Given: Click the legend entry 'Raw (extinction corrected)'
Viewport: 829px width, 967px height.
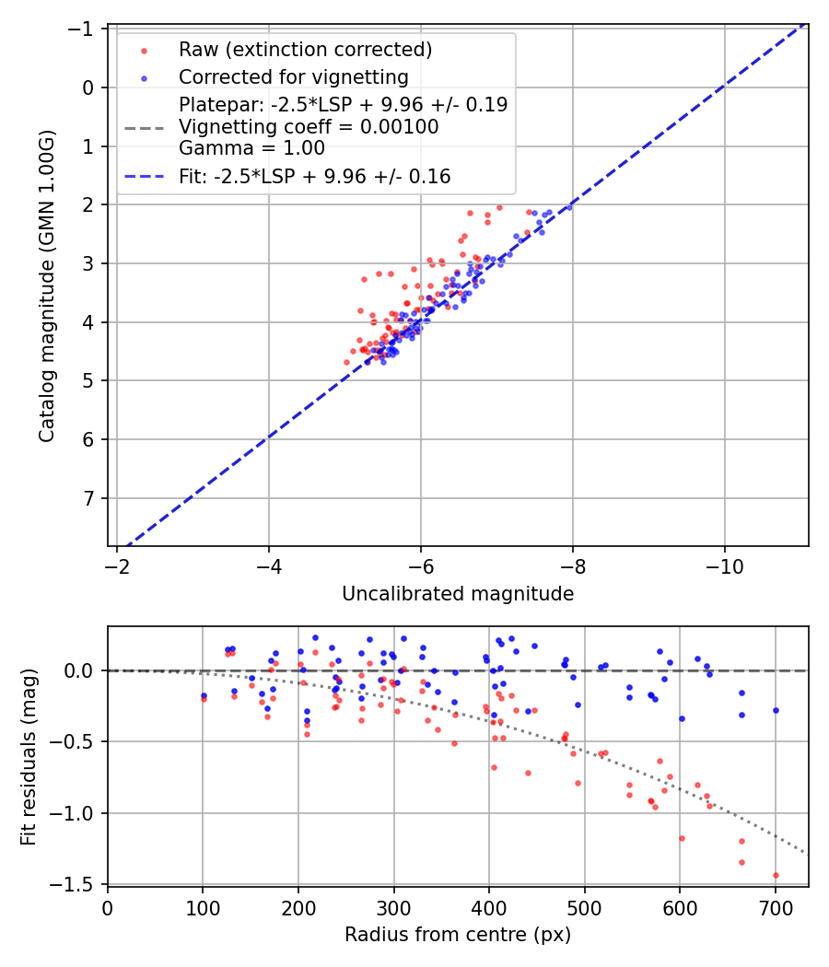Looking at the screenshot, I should [305, 49].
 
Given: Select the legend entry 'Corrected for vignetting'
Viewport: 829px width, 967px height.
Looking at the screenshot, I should [294, 76].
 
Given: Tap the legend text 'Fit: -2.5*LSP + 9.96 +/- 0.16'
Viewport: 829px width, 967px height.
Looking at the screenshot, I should [314, 176].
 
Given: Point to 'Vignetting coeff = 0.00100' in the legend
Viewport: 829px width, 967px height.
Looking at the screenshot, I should [309, 126].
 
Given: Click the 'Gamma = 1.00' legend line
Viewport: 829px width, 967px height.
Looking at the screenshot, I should [251, 147].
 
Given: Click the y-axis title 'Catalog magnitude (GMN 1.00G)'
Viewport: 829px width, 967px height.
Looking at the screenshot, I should [46, 286].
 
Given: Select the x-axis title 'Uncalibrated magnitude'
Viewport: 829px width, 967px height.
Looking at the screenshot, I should [458, 594].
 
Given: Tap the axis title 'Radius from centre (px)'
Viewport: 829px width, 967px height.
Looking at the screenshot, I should [458, 935].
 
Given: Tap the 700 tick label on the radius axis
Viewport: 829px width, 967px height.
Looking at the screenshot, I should [775, 908].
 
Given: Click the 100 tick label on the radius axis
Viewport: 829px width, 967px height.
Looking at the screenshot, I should [203, 908].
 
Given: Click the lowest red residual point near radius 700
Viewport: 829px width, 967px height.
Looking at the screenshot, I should [776, 875].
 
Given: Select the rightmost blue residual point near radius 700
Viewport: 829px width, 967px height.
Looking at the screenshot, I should [776, 710].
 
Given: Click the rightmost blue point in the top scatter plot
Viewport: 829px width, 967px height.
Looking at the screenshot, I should [568, 207].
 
